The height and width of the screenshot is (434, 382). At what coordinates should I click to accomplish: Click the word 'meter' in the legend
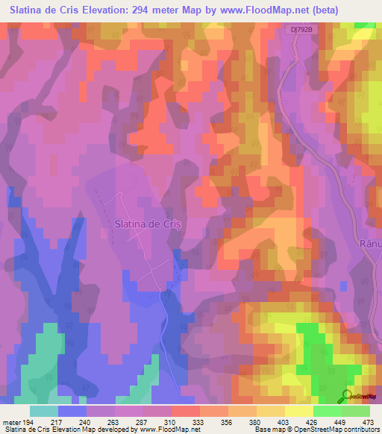coord(10,421)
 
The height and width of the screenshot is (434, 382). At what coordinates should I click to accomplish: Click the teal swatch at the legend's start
coord(44,411)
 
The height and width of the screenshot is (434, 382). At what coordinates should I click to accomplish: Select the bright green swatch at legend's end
coord(356,411)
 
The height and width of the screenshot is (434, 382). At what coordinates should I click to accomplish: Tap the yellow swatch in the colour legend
coord(298,411)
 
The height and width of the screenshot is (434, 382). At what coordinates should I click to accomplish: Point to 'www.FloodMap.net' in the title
coord(236,10)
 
